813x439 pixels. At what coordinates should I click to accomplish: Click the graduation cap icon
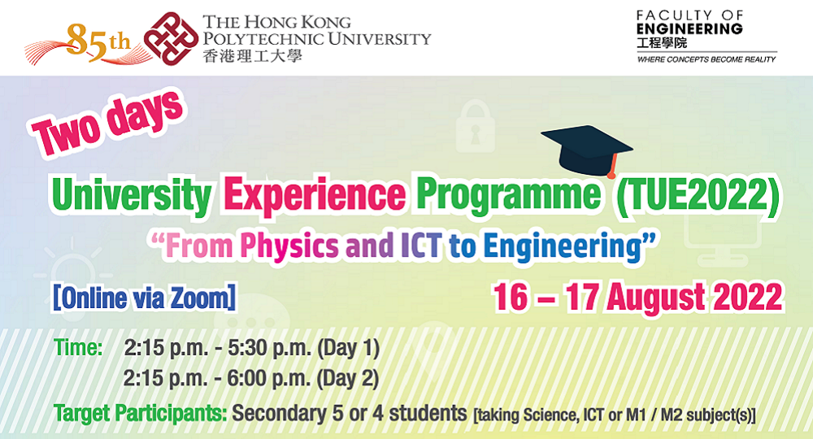(x=588, y=151)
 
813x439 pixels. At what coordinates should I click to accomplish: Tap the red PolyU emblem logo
(x=171, y=39)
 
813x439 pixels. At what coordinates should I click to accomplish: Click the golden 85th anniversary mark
(x=98, y=42)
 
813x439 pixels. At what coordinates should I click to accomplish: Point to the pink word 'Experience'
(x=314, y=196)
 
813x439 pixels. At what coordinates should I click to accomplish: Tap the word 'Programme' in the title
(x=509, y=196)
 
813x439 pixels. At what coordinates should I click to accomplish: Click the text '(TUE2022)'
(x=696, y=195)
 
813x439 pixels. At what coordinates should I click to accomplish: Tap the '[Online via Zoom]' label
(x=144, y=298)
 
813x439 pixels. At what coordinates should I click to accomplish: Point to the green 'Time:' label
(x=78, y=347)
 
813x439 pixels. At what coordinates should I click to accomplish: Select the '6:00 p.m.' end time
(x=268, y=379)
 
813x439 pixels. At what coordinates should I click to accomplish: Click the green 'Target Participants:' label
(x=141, y=414)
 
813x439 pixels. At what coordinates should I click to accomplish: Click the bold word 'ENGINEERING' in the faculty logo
(x=689, y=29)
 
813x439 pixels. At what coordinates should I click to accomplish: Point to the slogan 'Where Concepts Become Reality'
(x=706, y=59)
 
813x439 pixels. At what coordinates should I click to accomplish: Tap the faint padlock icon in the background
(x=476, y=127)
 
